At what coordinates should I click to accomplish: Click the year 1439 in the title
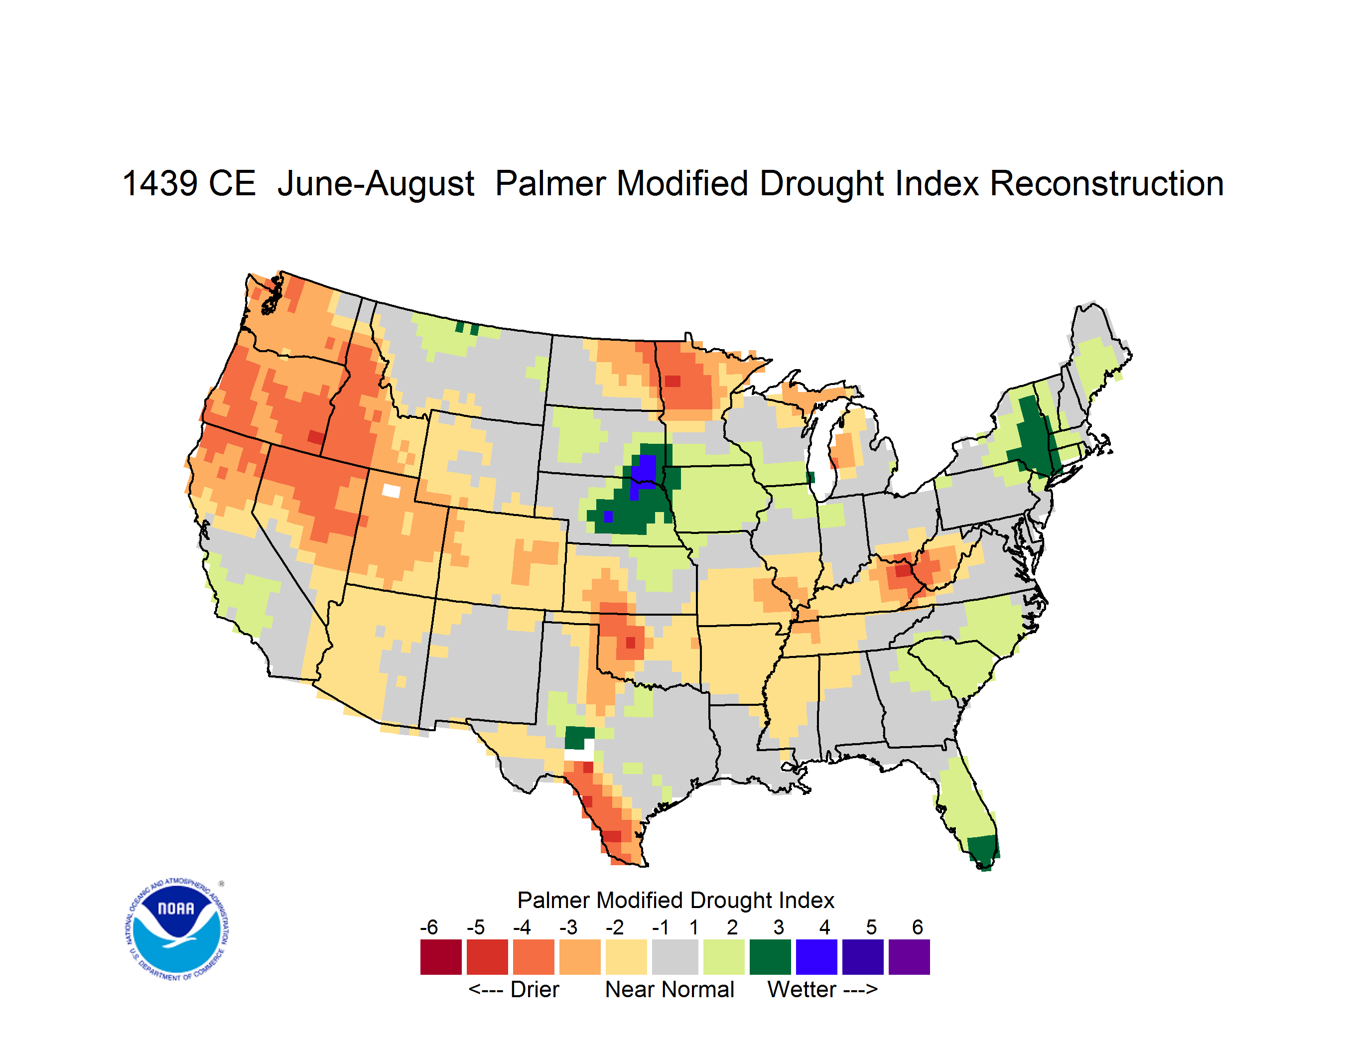point(160,183)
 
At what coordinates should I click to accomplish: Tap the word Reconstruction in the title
point(1107,183)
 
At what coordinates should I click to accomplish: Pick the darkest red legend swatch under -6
point(441,957)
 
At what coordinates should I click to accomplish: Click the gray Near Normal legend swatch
point(675,957)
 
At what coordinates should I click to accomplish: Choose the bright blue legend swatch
point(816,957)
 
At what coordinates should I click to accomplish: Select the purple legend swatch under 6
point(909,957)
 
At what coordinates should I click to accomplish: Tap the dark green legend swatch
point(771,957)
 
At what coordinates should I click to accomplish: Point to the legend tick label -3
point(568,927)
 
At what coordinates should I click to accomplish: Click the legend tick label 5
point(871,927)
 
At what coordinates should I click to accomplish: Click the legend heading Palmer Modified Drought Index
point(675,900)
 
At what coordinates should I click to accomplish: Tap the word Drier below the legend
point(535,989)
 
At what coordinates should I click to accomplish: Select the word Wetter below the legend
point(802,989)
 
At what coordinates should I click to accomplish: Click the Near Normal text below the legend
point(670,989)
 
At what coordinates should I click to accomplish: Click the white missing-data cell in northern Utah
point(391,491)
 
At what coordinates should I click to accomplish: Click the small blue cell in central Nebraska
point(608,517)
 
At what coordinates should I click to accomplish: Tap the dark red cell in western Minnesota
point(672,381)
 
